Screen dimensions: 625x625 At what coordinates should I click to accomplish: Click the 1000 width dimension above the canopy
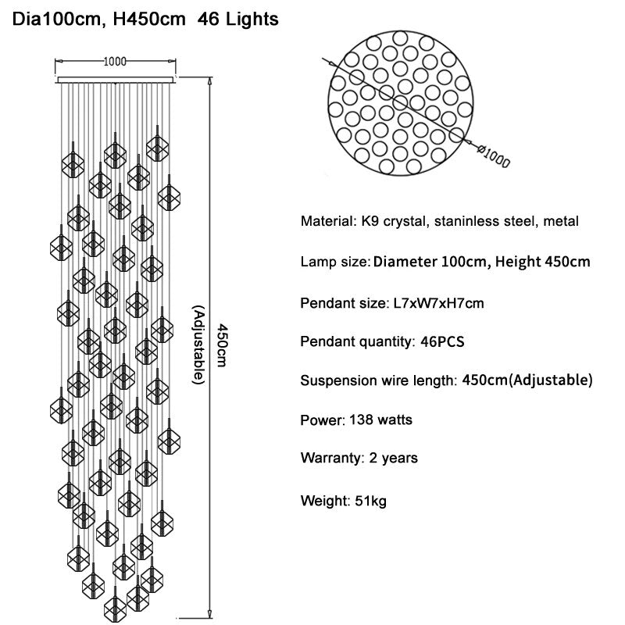point(115,62)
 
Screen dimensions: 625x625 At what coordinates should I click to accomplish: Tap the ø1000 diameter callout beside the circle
point(494,157)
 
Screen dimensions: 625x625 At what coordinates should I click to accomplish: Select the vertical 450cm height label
point(222,345)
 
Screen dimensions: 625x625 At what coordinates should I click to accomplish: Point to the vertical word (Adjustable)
point(198,345)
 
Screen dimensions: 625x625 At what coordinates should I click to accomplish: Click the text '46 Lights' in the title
point(238,19)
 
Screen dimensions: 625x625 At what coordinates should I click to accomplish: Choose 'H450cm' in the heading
point(149,19)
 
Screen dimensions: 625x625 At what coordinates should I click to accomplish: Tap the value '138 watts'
point(380,420)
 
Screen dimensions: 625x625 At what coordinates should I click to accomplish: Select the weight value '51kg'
point(370,501)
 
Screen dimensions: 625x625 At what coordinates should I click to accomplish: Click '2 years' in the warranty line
point(394,458)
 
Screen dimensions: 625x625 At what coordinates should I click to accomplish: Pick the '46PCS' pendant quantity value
point(442,341)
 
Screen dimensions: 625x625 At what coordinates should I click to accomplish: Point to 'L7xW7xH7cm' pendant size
point(438,303)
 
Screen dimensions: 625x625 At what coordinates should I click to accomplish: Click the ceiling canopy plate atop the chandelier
point(116,80)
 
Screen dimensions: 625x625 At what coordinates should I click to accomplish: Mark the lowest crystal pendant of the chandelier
point(115,607)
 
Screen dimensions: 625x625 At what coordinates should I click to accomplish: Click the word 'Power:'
point(323,420)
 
